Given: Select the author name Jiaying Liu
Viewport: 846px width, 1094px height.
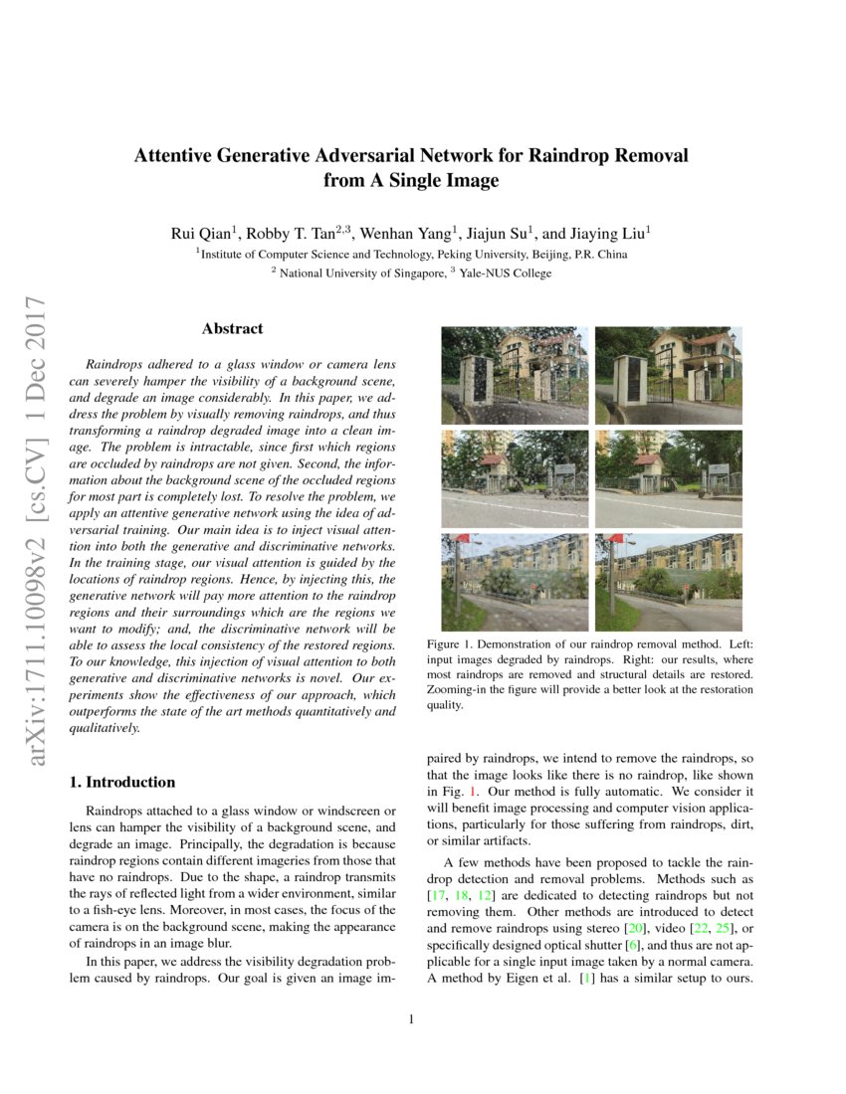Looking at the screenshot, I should pos(611,234).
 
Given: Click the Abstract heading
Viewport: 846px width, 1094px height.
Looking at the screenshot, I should pos(232,328).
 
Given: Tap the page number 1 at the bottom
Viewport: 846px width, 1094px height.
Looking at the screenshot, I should pos(410,1018).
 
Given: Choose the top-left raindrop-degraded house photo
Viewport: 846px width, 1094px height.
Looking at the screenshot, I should pos(514,375).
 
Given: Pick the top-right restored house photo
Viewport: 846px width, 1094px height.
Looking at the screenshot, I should pos(668,375).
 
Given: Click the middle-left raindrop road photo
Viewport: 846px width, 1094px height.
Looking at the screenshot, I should pos(514,478).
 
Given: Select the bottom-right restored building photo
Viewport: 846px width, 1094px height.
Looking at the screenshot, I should pos(668,582).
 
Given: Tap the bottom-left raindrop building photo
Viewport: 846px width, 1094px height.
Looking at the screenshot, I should pos(514,582).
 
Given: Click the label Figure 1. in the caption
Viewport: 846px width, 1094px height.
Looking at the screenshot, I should pos(449,644).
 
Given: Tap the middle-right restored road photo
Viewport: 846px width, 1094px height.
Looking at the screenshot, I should pos(668,478).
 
